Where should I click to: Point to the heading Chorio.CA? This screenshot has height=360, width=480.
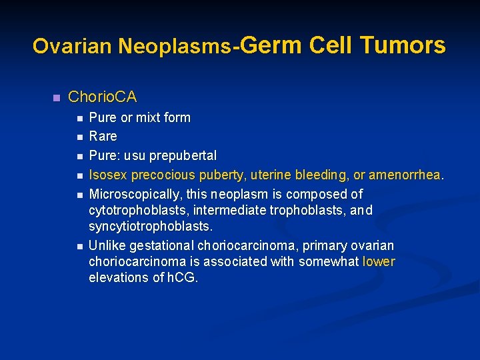pos(102,97)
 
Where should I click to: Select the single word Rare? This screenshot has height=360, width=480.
pos(103,137)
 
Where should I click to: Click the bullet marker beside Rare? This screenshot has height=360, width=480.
pos(79,137)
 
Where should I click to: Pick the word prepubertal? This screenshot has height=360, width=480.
pos(183,156)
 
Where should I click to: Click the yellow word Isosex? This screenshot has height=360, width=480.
pos(108,175)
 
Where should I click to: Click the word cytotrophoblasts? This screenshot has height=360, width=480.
pos(134,211)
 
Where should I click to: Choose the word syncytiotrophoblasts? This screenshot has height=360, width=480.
pos(151,227)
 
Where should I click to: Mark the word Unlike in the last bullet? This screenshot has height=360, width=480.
pos(106,245)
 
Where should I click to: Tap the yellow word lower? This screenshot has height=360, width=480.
pos(379,262)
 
